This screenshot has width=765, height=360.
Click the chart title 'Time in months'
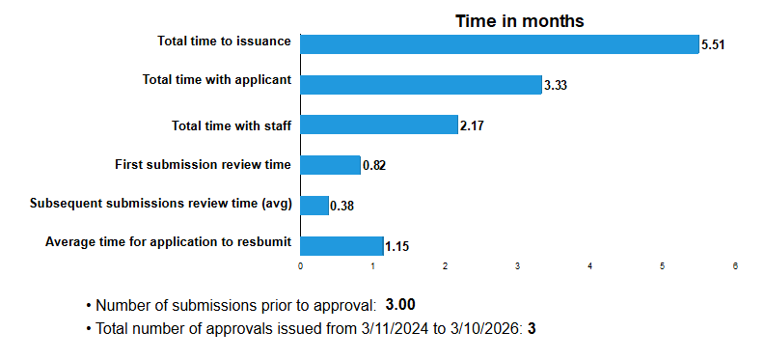tap(520, 21)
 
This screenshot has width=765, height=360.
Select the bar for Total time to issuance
tap(500, 44)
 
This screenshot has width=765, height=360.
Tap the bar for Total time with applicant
tap(422, 85)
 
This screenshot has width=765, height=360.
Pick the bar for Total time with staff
tap(379, 125)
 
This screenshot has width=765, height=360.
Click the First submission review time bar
tap(331, 165)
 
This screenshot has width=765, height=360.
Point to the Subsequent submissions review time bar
tap(314, 206)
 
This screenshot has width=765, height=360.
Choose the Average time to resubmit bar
tap(342, 245)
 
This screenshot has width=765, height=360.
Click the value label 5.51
tap(713, 45)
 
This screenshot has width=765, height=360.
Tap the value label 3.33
tap(555, 86)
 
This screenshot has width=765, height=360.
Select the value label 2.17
tap(471, 125)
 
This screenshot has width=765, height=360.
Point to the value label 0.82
tap(374, 166)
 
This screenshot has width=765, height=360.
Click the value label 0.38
tap(342, 207)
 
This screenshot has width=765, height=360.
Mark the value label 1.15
tap(397, 246)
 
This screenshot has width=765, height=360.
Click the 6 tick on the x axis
tap(735, 265)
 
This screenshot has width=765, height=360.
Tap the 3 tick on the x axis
tap(518, 265)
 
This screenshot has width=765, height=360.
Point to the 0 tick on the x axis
tap(301, 265)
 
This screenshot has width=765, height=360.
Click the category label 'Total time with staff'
tap(232, 125)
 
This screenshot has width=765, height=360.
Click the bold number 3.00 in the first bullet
tap(400, 305)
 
